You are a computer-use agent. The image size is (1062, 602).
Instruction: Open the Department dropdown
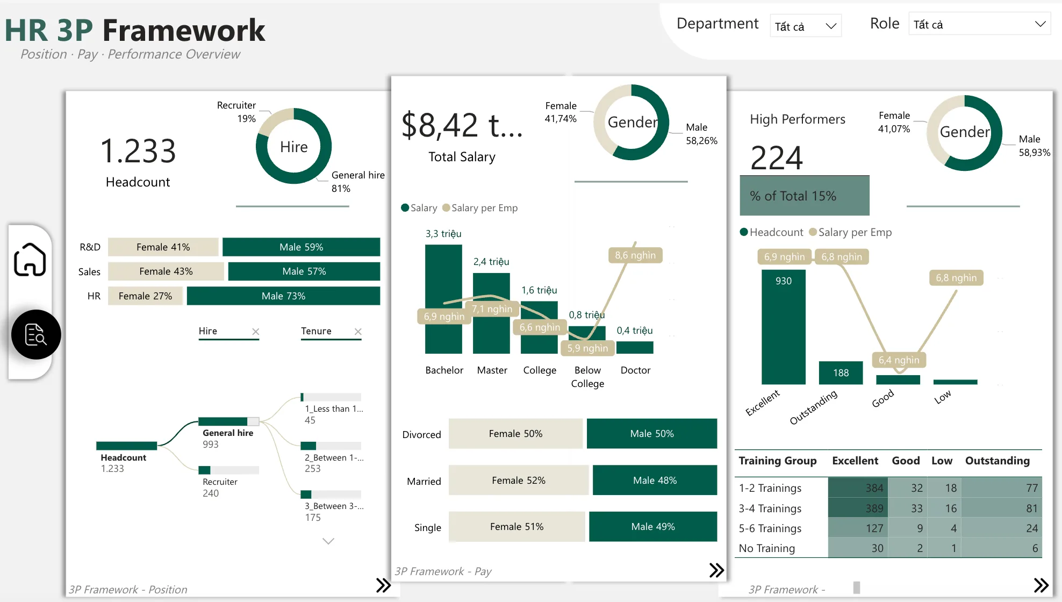pyautogui.click(x=805, y=26)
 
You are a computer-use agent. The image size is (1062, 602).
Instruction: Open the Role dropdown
pyautogui.click(x=979, y=24)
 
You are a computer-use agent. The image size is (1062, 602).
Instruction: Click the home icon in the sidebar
pyautogui.click(x=30, y=260)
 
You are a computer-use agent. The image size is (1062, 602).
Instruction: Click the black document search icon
pyautogui.click(x=36, y=334)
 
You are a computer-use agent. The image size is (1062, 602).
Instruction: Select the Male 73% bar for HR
pyautogui.click(x=283, y=296)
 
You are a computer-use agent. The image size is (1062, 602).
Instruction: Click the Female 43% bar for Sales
pyautogui.click(x=166, y=271)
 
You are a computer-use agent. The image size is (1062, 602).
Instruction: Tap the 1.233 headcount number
pyautogui.click(x=138, y=151)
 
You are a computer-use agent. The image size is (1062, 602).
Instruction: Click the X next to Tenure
pyautogui.click(x=358, y=332)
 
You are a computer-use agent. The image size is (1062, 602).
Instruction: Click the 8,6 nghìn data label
pyautogui.click(x=635, y=255)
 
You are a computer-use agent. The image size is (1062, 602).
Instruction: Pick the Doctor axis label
pyautogui.click(x=635, y=370)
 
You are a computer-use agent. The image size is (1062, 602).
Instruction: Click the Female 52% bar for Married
pyautogui.click(x=518, y=480)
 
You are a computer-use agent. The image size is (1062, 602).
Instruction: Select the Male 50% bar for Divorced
pyautogui.click(x=651, y=434)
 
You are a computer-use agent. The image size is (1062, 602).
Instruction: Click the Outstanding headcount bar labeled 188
pyautogui.click(x=841, y=373)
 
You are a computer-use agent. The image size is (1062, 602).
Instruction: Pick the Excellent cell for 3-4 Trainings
pyautogui.click(x=858, y=508)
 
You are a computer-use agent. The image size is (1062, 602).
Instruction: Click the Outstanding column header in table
pyautogui.click(x=997, y=461)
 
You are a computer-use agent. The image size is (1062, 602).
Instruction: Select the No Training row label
pyautogui.click(x=766, y=548)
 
